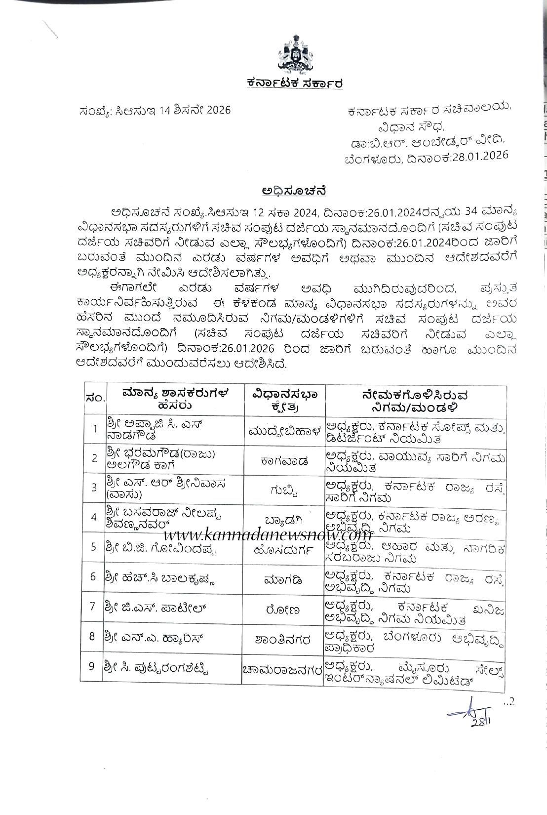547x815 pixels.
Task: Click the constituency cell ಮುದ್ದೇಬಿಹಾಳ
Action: pyautogui.click(x=284, y=429)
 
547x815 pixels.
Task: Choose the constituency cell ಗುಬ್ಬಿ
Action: pyautogui.click(x=284, y=489)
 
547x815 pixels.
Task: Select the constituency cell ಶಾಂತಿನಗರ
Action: pyautogui.click(x=284, y=640)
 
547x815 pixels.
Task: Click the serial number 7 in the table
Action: pyautogui.click(x=92, y=606)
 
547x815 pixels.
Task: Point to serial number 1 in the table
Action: pyautogui.click(x=94, y=428)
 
